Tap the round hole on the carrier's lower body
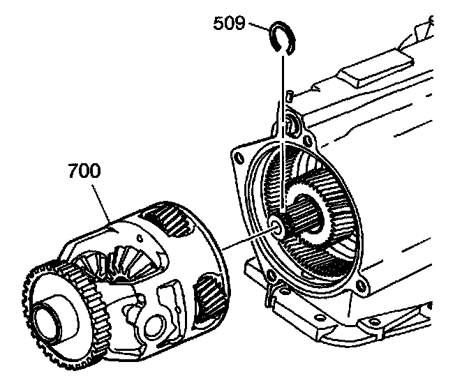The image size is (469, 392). (154, 326)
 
